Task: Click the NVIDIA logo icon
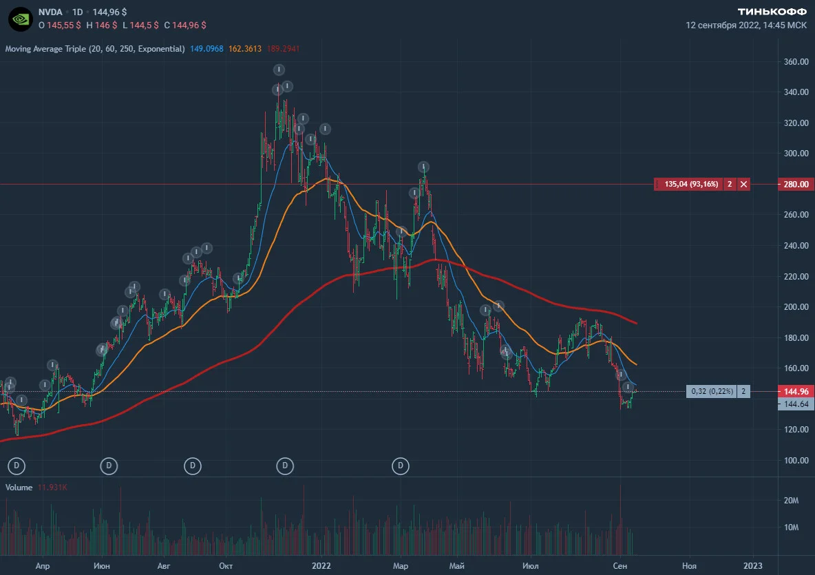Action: click(21, 19)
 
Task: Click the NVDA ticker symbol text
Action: click(50, 12)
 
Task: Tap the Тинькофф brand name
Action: click(772, 12)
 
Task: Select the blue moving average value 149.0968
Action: click(207, 49)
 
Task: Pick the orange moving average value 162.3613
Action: click(245, 49)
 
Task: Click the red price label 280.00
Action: click(796, 184)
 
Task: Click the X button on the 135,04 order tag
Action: click(744, 184)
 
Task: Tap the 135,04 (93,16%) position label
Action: click(691, 184)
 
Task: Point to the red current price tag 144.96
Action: click(796, 391)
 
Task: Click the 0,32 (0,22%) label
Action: click(712, 391)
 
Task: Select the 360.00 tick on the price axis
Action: click(796, 62)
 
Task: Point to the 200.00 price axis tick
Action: click(796, 306)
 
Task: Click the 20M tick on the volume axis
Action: click(791, 500)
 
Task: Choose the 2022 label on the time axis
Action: click(321, 565)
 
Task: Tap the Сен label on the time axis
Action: click(620, 565)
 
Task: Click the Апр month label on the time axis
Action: click(43, 565)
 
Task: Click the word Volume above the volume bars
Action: click(19, 487)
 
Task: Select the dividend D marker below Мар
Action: click(400, 466)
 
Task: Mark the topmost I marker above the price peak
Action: click(279, 70)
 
